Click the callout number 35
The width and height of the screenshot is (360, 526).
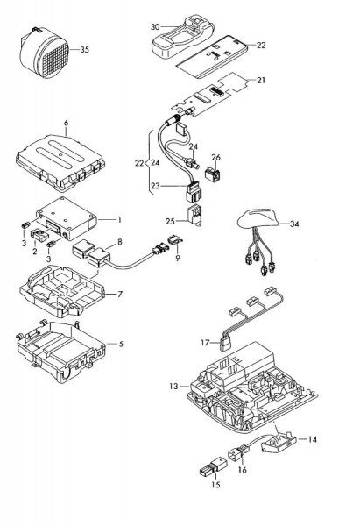[85, 50]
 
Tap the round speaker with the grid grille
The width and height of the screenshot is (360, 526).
[45, 53]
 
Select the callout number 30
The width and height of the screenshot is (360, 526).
[155, 27]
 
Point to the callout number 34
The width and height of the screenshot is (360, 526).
[294, 224]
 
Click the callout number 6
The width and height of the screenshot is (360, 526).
[66, 123]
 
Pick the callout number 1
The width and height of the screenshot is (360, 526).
[119, 220]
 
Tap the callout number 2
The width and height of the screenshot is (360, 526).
[35, 250]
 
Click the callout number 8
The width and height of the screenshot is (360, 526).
[119, 242]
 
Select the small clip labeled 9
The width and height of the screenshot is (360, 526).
[175, 240]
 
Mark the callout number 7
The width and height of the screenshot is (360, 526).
[120, 295]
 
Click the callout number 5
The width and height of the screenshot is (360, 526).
[121, 344]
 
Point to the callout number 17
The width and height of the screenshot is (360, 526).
[205, 343]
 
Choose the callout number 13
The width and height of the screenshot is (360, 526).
[173, 387]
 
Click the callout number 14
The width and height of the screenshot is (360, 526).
[312, 439]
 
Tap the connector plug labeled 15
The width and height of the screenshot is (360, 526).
[213, 466]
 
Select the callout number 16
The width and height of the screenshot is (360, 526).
[242, 470]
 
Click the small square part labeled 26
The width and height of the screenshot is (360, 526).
[212, 174]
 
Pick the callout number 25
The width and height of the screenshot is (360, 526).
[170, 222]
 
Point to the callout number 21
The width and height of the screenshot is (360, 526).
[261, 80]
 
